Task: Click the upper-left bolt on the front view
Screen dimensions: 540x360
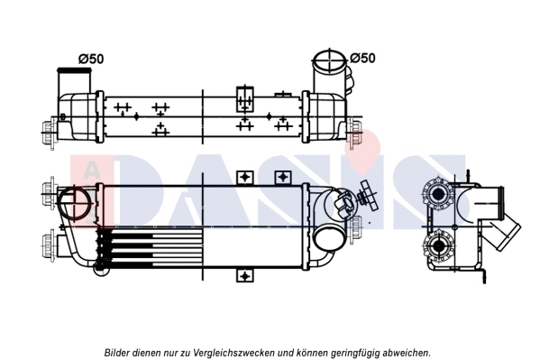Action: click(x=46, y=191)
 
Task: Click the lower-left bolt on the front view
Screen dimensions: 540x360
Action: click(x=46, y=241)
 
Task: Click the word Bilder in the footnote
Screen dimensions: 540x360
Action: click(x=120, y=352)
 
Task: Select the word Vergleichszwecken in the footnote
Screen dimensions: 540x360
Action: click(x=228, y=352)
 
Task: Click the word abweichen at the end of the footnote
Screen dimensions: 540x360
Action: click(x=407, y=352)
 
